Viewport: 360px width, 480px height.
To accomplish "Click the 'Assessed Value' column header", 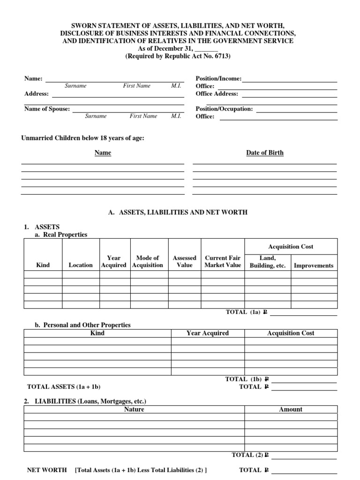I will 184,261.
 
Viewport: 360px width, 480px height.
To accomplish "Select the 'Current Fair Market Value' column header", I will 223,261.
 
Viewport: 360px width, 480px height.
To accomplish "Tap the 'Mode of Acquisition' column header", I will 147,261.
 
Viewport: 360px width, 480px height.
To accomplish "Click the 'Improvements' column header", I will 313,265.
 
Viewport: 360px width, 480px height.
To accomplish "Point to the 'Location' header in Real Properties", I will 81,265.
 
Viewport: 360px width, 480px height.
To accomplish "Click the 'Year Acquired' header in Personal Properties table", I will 207,333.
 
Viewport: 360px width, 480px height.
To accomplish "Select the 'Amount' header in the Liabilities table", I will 291,409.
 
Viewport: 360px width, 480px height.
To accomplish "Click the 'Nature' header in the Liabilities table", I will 134,409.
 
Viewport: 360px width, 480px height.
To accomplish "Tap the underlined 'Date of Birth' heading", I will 265,153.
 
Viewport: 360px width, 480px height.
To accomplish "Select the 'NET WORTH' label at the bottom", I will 47,470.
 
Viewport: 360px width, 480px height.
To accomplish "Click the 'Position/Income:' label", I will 218,79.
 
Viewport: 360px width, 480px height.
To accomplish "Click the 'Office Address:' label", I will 217,94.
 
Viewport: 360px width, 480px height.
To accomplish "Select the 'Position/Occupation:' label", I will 224,109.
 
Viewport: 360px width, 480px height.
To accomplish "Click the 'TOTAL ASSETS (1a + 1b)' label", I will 64,387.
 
